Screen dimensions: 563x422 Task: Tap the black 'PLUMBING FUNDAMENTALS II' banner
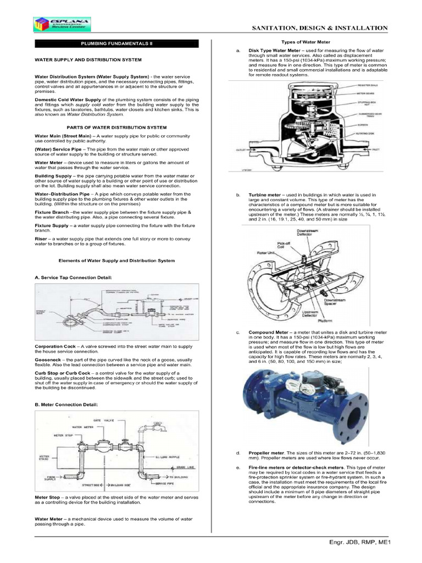click(120, 43)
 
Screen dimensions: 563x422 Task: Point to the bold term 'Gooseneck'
click(48, 360)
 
